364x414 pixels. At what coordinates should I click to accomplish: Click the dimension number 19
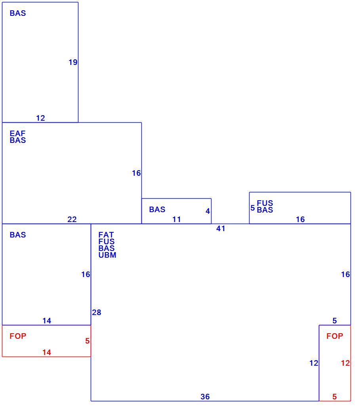point(73,62)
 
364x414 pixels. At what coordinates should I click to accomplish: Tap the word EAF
point(17,133)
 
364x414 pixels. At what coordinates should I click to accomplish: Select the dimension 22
point(72,219)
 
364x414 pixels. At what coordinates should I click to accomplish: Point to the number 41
point(221,229)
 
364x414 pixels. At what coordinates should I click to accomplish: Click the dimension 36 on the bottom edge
point(205,397)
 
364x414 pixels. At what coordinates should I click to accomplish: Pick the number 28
point(96,312)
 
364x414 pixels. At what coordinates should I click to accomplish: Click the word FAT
point(106,235)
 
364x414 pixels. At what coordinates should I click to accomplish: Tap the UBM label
point(107,255)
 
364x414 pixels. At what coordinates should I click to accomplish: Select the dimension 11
point(176,219)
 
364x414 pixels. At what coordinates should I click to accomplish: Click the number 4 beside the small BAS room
point(208,211)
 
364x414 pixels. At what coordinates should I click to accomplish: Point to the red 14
point(47,352)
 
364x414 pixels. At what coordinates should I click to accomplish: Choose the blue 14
point(47,321)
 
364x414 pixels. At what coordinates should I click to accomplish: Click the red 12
point(345,363)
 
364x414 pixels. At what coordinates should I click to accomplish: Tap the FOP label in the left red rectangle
point(18,336)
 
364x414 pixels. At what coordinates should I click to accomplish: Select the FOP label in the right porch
point(335,336)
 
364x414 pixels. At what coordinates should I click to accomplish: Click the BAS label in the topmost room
point(18,13)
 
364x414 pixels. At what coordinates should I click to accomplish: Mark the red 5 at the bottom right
point(334,397)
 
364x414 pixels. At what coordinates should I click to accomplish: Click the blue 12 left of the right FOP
point(314,363)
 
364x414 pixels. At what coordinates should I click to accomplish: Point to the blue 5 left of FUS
point(253,208)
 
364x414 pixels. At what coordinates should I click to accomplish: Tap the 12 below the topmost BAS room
point(40,118)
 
